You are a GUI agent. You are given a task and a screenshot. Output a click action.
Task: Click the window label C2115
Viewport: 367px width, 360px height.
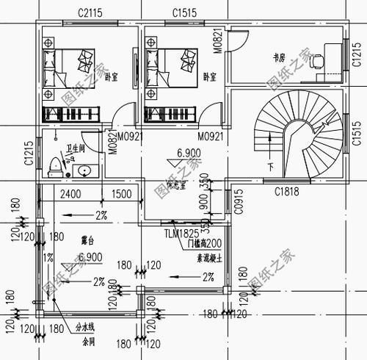pos(92,13)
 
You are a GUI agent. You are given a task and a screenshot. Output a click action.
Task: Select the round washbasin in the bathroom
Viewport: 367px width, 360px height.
pos(84,171)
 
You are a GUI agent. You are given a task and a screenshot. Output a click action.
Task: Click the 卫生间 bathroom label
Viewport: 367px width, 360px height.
pos(76,148)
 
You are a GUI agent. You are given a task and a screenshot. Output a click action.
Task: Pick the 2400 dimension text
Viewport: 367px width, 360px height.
pos(70,195)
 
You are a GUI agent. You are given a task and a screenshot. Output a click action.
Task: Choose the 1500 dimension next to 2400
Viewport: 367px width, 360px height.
pos(121,195)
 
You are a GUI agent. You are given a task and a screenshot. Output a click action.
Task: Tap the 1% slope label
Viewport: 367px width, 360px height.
pos(48,257)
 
